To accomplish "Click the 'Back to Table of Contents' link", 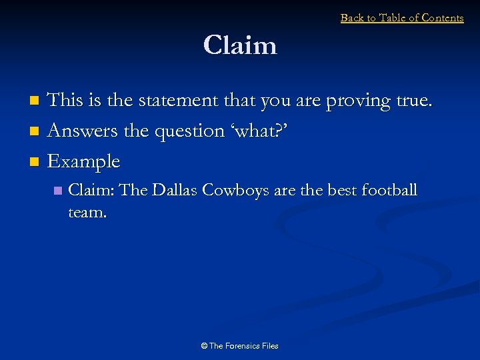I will tap(402, 18).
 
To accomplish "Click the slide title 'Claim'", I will tap(240, 46).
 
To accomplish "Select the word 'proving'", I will tap(357, 101).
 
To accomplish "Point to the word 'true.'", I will tap(414, 101).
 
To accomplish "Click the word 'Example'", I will tap(84, 162).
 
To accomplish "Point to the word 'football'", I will tap(389, 191).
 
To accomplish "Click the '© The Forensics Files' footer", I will tap(240, 346).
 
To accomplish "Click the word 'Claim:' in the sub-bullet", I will tap(91, 191).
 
